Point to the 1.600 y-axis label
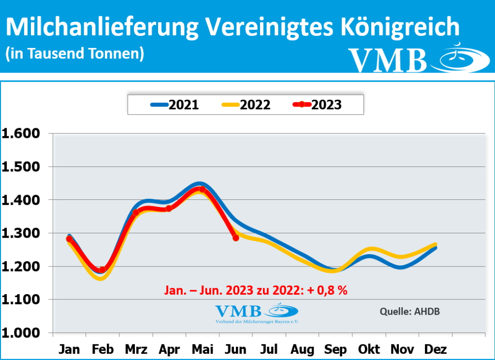pos(23,134)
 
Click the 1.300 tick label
pos(23,233)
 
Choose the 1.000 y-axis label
pos(23,333)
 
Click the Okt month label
pos(370,349)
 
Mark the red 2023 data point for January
pos(70,239)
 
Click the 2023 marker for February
pos(102,270)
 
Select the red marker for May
pos(203,189)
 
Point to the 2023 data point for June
pos(235,238)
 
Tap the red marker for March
pos(136,212)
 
